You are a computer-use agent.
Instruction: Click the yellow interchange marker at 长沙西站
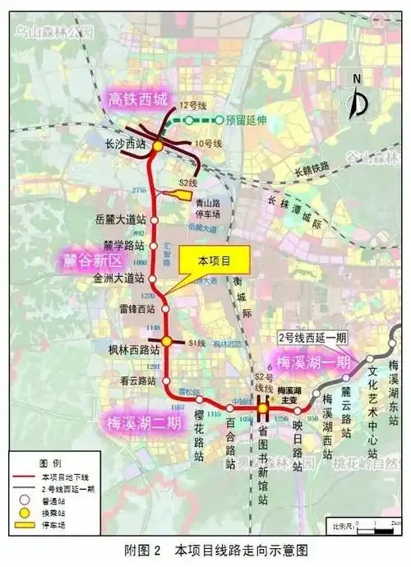click(158, 145)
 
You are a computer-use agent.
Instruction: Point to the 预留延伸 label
click(243, 120)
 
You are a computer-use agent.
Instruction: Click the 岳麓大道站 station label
click(121, 220)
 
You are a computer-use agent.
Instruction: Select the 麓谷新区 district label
click(92, 260)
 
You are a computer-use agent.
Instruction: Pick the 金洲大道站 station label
click(121, 281)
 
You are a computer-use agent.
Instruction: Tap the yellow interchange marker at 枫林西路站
click(166, 341)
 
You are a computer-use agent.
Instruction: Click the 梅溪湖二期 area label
click(145, 423)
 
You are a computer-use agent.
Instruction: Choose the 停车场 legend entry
click(53, 521)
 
